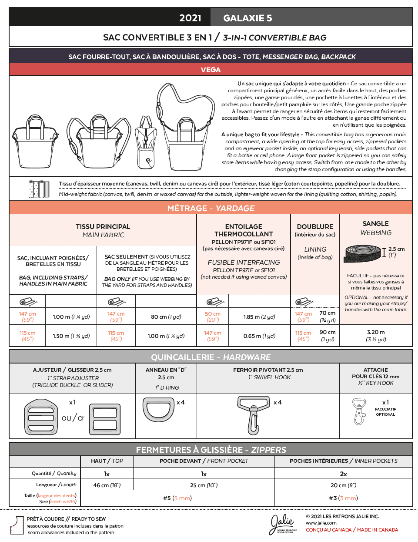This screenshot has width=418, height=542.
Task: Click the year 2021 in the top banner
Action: [190, 18]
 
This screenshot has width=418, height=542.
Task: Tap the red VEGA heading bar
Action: [211, 70]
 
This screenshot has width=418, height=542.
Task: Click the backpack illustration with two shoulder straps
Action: [98, 141]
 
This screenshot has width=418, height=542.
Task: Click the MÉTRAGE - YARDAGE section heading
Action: [211, 208]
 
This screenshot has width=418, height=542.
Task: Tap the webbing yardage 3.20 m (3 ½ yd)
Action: [376, 335]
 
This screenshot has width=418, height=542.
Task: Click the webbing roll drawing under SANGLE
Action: [363, 254]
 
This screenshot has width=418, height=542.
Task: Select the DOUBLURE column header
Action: [315, 227]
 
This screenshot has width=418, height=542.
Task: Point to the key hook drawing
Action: [359, 411]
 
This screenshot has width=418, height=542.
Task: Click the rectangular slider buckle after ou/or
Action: [105, 419]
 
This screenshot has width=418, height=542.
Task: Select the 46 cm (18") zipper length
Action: [107, 485]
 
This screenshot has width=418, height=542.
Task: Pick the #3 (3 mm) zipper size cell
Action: [343, 498]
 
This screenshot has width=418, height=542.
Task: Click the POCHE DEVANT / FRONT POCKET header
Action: [204, 461]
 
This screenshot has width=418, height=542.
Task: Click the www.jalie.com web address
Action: [321, 523]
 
